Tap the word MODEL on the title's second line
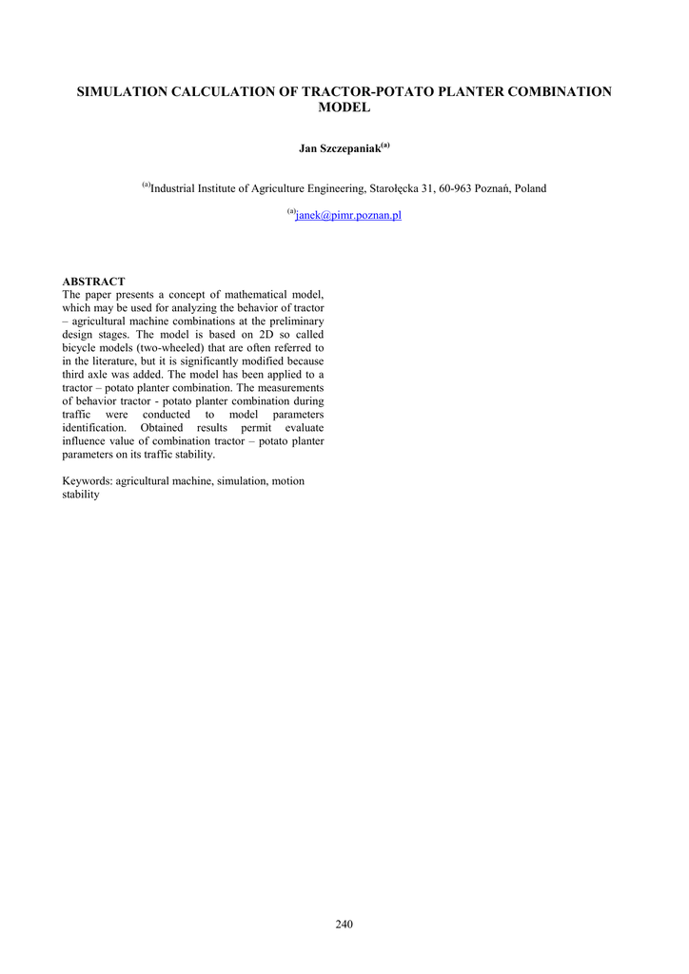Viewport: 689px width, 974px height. [344, 108]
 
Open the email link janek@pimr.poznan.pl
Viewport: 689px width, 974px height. [348, 216]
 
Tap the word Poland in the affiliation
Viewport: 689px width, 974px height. [530, 189]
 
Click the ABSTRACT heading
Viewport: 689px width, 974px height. [93, 282]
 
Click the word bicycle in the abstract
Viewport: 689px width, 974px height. [80, 349]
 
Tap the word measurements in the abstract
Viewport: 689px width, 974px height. [293, 389]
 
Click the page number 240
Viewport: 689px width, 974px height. [344, 925]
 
